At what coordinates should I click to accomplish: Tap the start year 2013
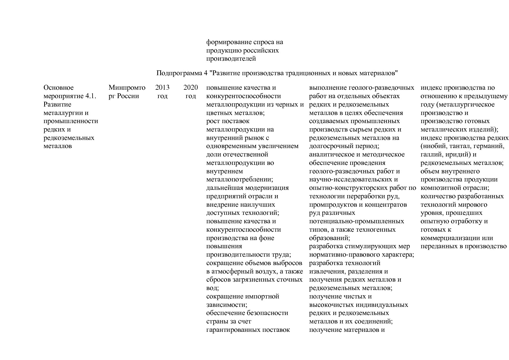162,88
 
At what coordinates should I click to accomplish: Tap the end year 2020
191,88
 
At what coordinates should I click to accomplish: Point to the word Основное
59,88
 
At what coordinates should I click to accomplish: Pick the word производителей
231,59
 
